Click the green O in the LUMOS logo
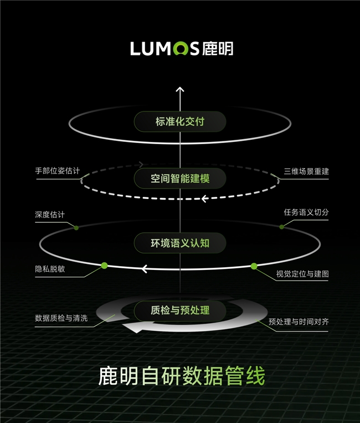coord(181,49)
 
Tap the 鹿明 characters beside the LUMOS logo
coord(218,49)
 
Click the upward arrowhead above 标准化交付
coord(180,90)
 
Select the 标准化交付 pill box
coord(180,121)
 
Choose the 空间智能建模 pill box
coord(180,179)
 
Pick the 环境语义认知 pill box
coord(180,243)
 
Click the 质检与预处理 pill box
coord(180,310)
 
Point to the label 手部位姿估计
coord(58,171)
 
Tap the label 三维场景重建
coord(306,171)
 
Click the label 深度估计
coord(50,215)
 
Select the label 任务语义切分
coord(306,212)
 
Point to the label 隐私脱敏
coord(50,269)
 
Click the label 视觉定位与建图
coord(302,274)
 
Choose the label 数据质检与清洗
coord(61,318)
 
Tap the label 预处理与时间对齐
coord(299,322)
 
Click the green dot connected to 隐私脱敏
coord(104,266)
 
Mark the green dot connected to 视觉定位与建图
coord(254,267)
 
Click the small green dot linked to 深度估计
coord(76,228)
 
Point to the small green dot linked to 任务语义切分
coord(281,227)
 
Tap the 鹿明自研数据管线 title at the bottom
coord(182,376)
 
